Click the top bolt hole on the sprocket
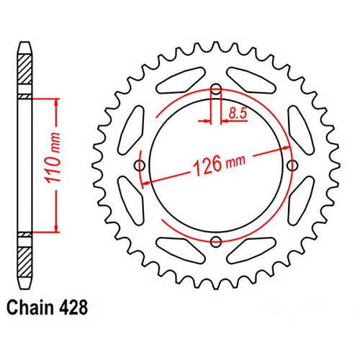click(x=215, y=90)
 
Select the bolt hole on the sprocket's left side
click(x=140, y=166)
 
